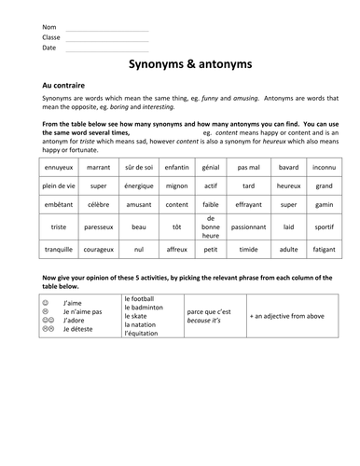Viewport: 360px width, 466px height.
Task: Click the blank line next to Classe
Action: coord(107,38)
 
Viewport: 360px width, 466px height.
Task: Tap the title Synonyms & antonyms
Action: coord(179,67)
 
